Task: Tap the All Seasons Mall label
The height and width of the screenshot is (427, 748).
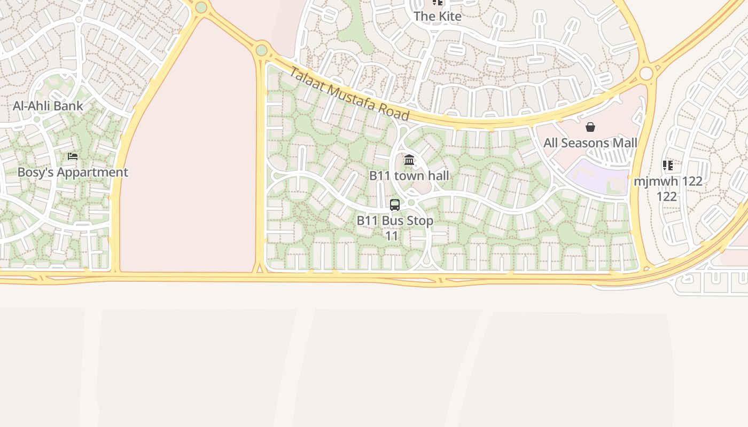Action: pyautogui.click(x=590, y=143)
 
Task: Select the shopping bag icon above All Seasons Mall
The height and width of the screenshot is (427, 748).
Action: pyautogui.click(x=590, y=127)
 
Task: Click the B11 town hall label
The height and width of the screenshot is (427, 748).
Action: pyautogui.click(x=409, y=176)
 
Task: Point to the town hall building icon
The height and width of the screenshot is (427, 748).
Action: pyautogui.click(x=409, y=160)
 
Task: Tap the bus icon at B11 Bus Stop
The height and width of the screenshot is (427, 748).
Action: pyautogui.click(x=395, y=204)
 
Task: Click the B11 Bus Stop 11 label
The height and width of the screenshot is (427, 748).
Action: pyautogui.click(x=395, y=228)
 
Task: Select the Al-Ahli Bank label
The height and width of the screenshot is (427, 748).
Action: pyautogui.click(x=48, y=106)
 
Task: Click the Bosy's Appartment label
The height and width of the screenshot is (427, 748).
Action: pyautogui.click(x=73, y=172)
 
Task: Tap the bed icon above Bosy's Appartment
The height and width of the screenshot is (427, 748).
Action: pyautogui.click(x=73, y=156)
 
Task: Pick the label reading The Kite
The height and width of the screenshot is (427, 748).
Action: pyautogui.click(x=438, y=17)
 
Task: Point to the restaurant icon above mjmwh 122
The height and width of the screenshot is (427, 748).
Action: pyautogui.click(x=668, y=165)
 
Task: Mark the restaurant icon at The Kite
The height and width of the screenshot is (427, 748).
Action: pyautogui.click(x=438, y=3)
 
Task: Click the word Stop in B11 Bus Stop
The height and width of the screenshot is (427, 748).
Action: pyautogui.click(x=420, y=220)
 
